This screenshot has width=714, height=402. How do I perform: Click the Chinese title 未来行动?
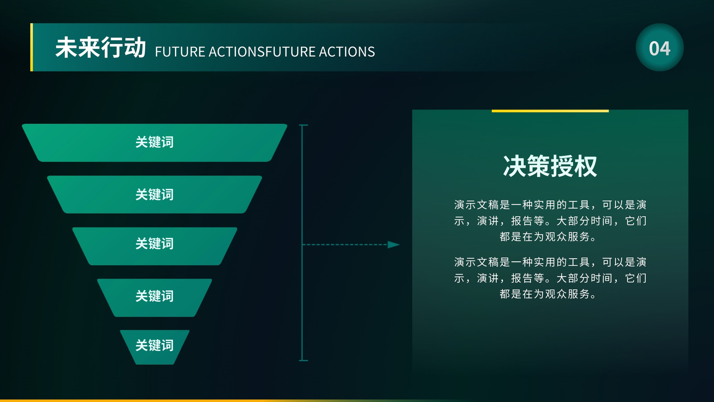pyautogui.click(x=100, y=47)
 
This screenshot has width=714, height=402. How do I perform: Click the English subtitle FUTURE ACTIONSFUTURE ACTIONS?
pyautogui.click(x=265, y=52)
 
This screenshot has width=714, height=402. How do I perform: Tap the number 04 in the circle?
pyautogui.click(x=660, y=49)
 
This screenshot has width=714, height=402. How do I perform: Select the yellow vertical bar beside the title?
pyautogui.click(x=32, y=47)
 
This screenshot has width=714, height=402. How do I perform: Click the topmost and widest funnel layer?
pyautogui.click(x=154, y=142)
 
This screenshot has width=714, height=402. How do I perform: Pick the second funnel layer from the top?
pyautogui.click(x=154, y=194)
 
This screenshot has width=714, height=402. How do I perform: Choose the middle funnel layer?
pyautogui.click(x=154, y=246)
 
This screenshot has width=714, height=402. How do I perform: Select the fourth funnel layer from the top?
pyautogui.click(x=154, y=297)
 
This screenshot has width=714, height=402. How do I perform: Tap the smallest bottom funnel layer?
pyautogui.click(x=154, y=347)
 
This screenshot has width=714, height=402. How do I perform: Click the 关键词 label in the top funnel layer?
pyautogui.click(x=154, y=142)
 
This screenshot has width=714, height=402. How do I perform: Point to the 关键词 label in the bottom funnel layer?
pyautogui.click(x=154, y=345)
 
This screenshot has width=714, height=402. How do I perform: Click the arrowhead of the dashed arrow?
pyautogui.click(x=393, y=245)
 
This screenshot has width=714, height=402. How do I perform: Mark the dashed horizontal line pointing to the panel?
pyautogui.click(x=345, y=245)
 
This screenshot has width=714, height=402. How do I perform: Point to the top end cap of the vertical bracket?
pyautogui.click(x=303, y=125)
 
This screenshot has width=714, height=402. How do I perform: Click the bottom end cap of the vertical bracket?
pyautogui.click(x=303, y=360)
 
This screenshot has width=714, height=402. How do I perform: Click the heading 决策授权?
pyautogui.click(x=550, y=166)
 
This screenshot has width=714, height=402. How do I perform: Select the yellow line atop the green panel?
pyautogui.click(x=550, y=111)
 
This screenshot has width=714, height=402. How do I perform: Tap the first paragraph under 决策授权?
pyautogui.click(x=550, y=221)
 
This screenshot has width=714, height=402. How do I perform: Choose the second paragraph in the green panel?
pyautogui.click(x=550, y=278)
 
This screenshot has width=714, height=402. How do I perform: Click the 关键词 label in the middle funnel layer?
pyautogui.click(x=154, y=243)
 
